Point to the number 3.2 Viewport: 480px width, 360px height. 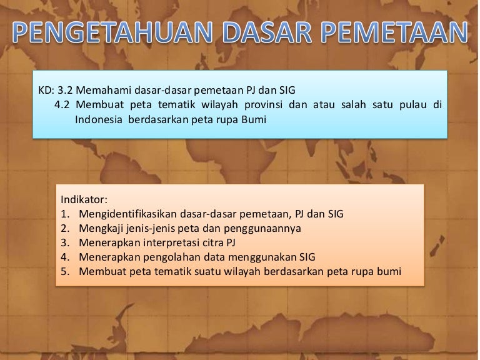pos(66,91)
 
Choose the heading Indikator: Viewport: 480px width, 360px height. pos(84,200)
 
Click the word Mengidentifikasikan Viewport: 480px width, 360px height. pos(127,214)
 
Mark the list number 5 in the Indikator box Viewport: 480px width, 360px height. pos(65,272)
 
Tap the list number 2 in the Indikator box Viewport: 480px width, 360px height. pos(65,229)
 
